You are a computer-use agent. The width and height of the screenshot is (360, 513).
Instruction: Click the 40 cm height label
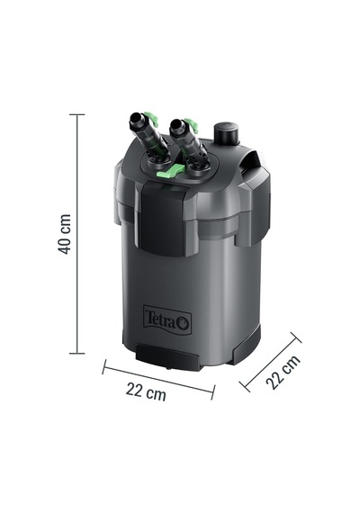pyautogui.click(x=65, y=234)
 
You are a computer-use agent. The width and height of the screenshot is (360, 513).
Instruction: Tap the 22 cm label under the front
pyautogui.click(x=146, y=391)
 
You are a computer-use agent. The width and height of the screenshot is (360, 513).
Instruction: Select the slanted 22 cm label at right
pyautogui.click(x=283, y=372)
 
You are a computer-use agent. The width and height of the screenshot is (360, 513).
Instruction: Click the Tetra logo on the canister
pyautogui.click(x=167, y=319)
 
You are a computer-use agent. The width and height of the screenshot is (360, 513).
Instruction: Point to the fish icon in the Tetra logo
pyautogui.click(x=184, y=324)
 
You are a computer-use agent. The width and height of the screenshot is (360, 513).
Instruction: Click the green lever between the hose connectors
pyautogui.click(x=170, y=171)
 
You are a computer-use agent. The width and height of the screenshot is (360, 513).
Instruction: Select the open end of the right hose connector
pyautogui.click(x=175, y=124)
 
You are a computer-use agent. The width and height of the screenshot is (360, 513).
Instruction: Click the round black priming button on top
pyautogui.click(x=227, y=133)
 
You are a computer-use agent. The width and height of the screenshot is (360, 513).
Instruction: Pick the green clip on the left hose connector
pyautogui.click(x=151, y=119)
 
